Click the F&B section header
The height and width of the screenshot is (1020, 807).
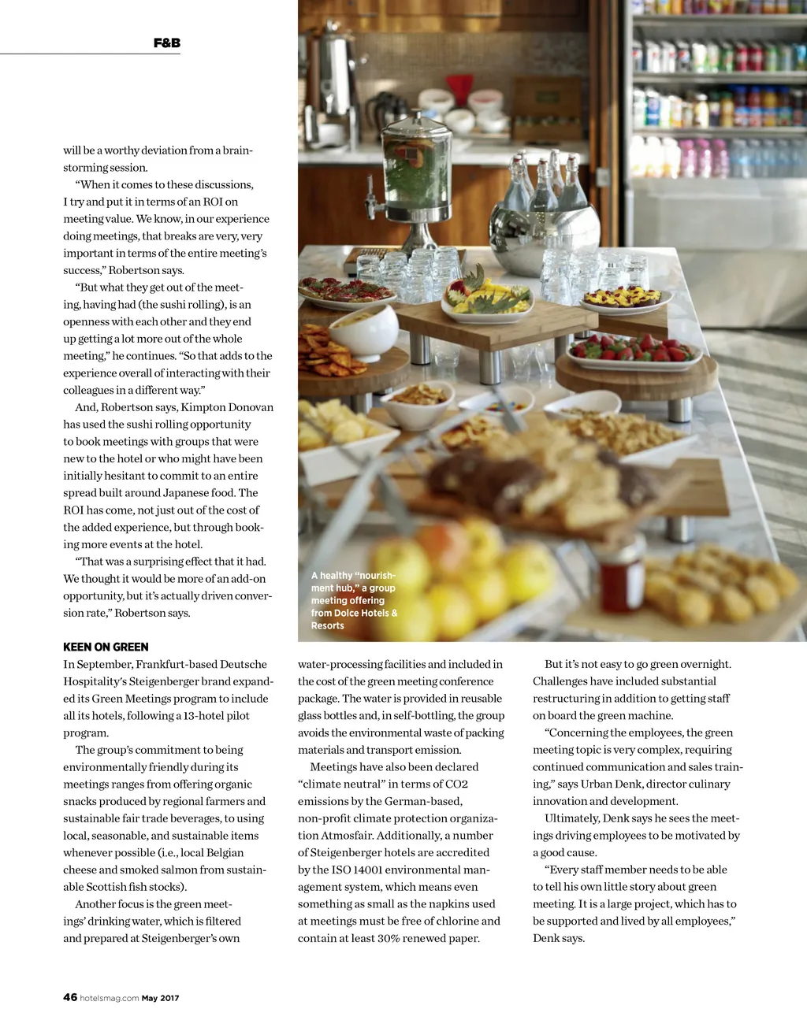[x=166, y=43]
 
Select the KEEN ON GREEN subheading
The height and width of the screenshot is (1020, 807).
[x=106, y=647]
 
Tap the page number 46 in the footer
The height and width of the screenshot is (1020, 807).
[x=70, y=997]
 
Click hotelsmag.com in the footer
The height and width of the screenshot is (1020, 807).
[x=110, y=998]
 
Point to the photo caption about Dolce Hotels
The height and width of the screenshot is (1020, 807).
[x=354, y=600]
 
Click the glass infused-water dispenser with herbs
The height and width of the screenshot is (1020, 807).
[x=416, y=166]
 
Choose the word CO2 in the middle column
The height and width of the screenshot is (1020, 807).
[x=456, y=784]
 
